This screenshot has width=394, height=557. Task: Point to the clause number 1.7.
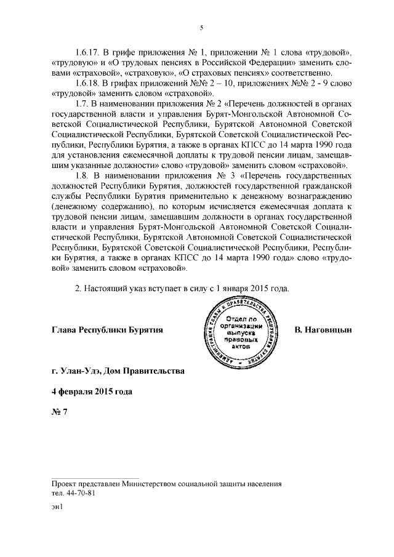[x=81, y=106]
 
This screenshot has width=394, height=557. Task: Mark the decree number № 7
[x=59, y=413]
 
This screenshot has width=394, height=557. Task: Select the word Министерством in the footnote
[x=148, y=484]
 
